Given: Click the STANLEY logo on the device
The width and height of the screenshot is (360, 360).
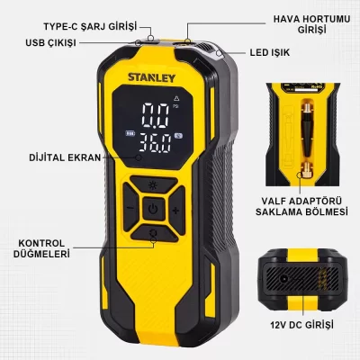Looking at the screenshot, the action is [x=151, y=77].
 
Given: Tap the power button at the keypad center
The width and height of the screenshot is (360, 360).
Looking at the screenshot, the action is [x=153, y=209].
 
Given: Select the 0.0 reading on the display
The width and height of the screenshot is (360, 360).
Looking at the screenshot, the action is [x=156, y=115].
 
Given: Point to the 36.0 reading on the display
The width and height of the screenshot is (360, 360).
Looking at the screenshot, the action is [x=156, y=143].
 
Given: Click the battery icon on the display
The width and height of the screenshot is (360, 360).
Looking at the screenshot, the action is [x=130, y=134].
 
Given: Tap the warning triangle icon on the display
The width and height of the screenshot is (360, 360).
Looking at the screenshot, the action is [x=176, y=98].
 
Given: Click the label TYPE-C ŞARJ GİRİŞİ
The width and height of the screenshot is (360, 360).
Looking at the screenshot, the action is [x=90, y=26].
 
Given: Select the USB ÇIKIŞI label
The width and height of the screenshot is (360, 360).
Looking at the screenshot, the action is [x=50, y=43].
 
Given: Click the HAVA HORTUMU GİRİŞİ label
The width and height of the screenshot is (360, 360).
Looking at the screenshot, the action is [x=311, y=24].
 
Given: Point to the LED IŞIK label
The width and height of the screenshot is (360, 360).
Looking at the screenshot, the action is [x=270, y=52].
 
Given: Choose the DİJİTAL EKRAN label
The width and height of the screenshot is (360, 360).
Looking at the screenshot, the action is [x=65, y=157].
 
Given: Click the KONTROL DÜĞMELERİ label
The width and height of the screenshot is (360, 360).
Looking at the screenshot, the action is [x=41, y=248].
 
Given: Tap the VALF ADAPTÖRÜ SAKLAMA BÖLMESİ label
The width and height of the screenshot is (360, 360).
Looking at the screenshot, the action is [x=301, y=206].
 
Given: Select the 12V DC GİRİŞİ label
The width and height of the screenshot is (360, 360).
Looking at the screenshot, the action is [x=301, y=325].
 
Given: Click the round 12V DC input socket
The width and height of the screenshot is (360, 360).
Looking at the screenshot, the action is [x=283, y=280].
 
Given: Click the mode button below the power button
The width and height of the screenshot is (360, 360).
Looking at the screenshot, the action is [x=154, y=233].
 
